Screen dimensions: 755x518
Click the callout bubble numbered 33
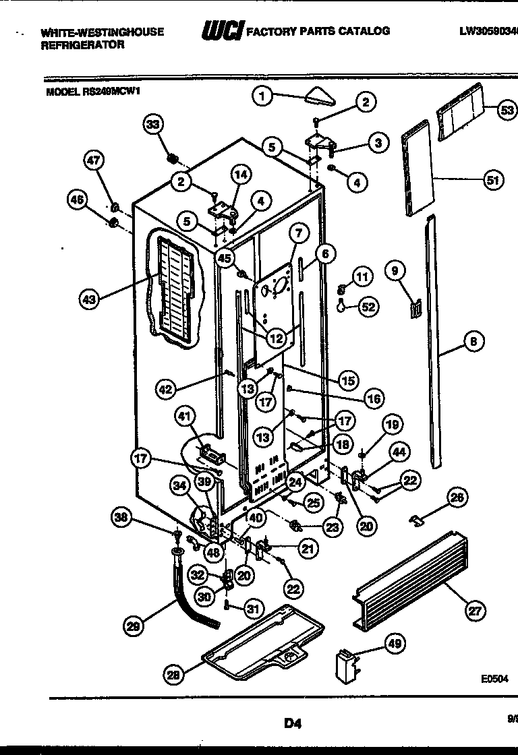click(153, 124)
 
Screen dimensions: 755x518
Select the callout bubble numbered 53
click(507, 110)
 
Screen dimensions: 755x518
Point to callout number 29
click(134, 626)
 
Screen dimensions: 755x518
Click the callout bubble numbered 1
click(263, 96)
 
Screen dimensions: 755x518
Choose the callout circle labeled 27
click(476, 611)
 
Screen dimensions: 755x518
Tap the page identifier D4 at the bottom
click(291, 724)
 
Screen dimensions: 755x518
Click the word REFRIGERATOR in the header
click(82, 45)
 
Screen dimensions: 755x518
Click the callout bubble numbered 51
click(494, 179)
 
